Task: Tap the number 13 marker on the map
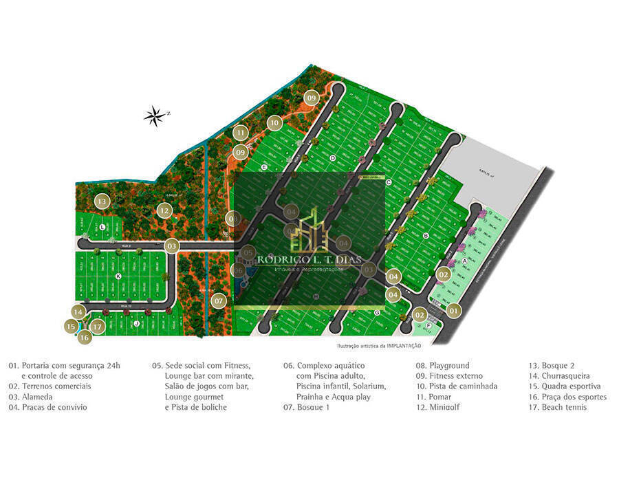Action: (102, 201)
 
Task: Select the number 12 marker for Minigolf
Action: (164, 210)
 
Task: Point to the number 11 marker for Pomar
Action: (240, 133)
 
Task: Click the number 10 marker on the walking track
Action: (274, 123)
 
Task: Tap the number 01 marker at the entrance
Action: (453, 311)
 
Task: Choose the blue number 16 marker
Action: (85, 338)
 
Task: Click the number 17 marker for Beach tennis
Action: (98, 327)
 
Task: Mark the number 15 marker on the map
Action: (71, 327)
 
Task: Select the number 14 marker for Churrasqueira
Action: (79, 311)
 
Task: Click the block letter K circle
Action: (118, 276)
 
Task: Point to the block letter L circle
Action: (102, 226)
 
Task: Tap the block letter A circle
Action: (465, 261)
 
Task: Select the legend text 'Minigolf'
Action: (444, 407)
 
